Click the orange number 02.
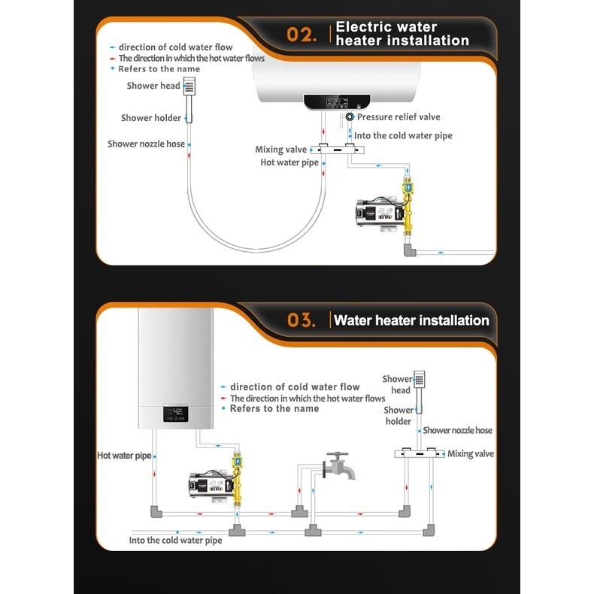(305, 35)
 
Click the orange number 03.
(304, 320)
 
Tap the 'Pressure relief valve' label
(399, 117)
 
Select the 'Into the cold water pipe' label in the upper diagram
(403, 136)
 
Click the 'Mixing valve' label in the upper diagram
(280, 150)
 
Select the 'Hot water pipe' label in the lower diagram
(124, 456)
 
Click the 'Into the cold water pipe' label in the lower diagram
(175, 540)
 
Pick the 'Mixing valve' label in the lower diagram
(471, 454)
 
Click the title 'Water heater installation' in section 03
(411, 320)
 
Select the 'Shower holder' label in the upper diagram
(150, 118)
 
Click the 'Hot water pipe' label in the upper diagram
(289, 162)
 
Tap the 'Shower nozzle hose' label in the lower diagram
(457, 430)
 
